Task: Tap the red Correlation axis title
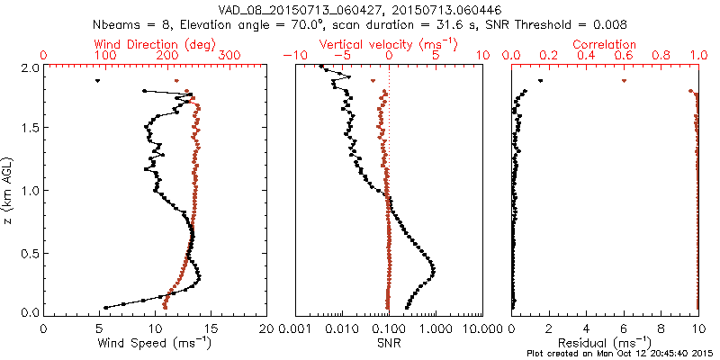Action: click(605, 44)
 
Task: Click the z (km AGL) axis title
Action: click(7, 190)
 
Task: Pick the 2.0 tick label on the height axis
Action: click(29, 67)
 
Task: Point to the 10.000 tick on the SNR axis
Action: click(482, 328)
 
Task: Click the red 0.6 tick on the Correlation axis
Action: click(624, 56)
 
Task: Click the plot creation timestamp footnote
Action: click(621, 353)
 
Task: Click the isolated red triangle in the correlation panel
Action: click(624, 81)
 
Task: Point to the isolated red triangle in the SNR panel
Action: click(373, 81)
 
